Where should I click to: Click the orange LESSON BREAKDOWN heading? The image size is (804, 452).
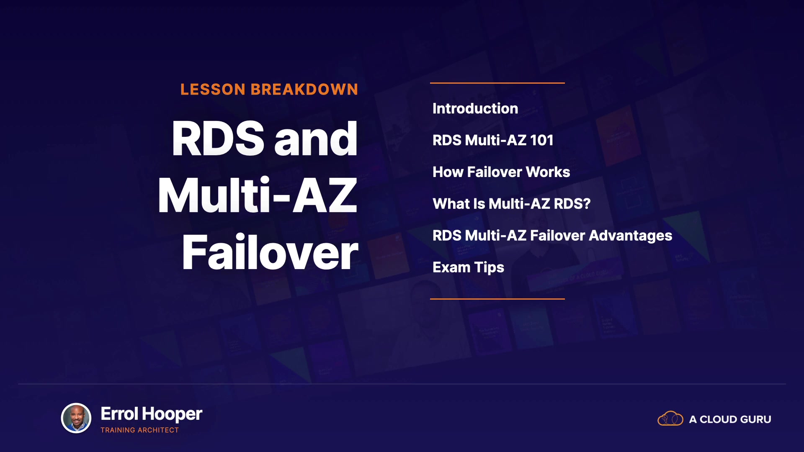coord(269,90)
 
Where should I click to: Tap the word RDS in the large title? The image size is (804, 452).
coord(218,139)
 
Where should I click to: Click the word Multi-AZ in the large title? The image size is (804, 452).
coord(258,195)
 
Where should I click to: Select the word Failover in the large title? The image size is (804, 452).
coord(270,252)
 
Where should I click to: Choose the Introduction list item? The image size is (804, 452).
coord(475,108)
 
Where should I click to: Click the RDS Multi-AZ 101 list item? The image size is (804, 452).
coord(493,140)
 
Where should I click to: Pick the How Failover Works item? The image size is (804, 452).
coord(501,172)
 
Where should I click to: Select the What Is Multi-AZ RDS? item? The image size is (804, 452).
coord(511,204)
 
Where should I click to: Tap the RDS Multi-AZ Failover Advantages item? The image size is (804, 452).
coord(552,236)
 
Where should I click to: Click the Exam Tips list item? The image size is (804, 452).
coord(468,267)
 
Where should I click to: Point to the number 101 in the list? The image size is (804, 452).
coord(542,140)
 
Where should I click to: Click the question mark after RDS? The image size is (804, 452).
coord(586,204)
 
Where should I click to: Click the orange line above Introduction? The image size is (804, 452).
coord(497,83)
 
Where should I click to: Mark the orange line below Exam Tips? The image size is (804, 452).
coord(497,299)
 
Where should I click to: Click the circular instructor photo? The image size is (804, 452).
coord(76,418)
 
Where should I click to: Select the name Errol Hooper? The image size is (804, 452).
coord(152,414)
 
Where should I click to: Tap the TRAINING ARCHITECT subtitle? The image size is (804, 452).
coord(139,430)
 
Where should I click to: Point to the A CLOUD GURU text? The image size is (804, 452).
coord(730,419)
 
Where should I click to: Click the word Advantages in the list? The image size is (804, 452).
coord(631,236)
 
